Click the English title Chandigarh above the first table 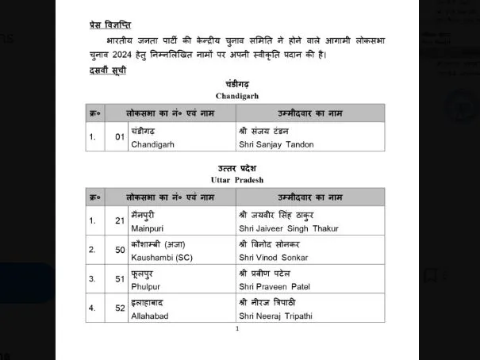click(x=236, y=95)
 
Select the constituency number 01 click(x=120, y=136)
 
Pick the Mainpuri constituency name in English click(x=147, y=228)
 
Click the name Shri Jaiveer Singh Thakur click(x=288, y=228)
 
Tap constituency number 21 click(x=120, y=220)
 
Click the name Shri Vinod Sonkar click(x=274, y=258)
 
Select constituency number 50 click(x=120, y=250)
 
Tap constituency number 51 click(x=120, y=278)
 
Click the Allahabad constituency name click(x=149, y=316)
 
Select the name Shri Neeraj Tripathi click(x=277, y=316)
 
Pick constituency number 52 click(x=120, y=308)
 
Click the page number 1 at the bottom click(x=236, y=328)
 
